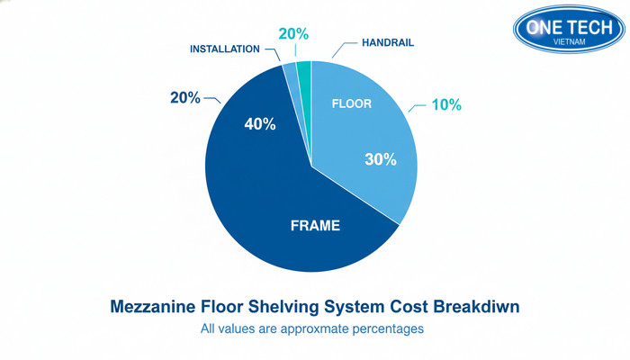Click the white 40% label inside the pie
point(259,124)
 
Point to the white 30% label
point(380,159)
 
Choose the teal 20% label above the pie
point(293,34)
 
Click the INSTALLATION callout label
point(225,49)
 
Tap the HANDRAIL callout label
point(389,41)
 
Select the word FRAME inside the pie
point(315,226)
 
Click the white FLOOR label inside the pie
point(351,103)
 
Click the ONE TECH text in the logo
point(567,26)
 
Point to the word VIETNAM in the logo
point(568,42)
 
